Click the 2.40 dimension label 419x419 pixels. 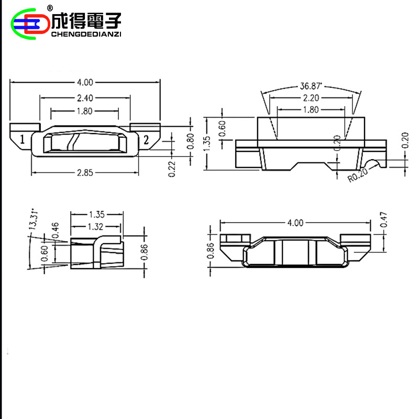click(85, 98)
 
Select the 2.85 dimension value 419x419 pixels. click(85, 173)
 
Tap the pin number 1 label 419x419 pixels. click(23, 140)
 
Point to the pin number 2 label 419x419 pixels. click(146, 140)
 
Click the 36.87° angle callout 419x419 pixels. click(311, 86)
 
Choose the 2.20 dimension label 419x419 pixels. click(311, 98)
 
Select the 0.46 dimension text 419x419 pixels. click(56, 230)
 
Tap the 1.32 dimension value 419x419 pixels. click(96, 226)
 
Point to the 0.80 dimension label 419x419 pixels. click(191, 141)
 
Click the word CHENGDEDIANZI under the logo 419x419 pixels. click(86, 35)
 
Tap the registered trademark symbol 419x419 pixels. click(50, 8)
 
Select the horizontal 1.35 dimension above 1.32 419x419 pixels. click(97, 214)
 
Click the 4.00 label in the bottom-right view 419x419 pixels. click(295, 223)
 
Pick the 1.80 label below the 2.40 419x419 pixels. click(85, 111)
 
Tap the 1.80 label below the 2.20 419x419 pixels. click(311, 109)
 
